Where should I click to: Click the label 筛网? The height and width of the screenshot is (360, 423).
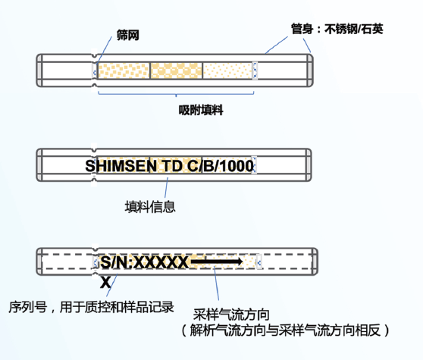(128, 36)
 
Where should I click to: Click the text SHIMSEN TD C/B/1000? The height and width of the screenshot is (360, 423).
(171, 165)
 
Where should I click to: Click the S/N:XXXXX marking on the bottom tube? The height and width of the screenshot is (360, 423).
(144, 262)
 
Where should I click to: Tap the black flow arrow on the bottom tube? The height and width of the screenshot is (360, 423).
(216, 262)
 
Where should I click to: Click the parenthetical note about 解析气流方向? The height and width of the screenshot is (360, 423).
(284, 330)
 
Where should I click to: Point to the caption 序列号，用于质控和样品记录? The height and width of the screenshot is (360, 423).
(92, 307)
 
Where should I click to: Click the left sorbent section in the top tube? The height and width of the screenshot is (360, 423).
(123, 70)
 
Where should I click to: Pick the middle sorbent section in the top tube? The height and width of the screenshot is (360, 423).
(177, 70)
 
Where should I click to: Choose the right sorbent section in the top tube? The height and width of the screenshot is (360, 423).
(229, 70)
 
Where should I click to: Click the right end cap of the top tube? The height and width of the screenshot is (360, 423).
(309, 69)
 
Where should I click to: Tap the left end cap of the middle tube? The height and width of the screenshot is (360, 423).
(42, 165)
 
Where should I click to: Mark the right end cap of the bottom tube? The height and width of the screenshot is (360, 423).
(309, 262)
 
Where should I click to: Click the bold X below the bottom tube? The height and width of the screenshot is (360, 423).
(105, 281)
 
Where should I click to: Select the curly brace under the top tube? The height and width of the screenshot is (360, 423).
(177, 91)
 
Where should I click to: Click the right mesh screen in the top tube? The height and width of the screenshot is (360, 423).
(256, 70)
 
